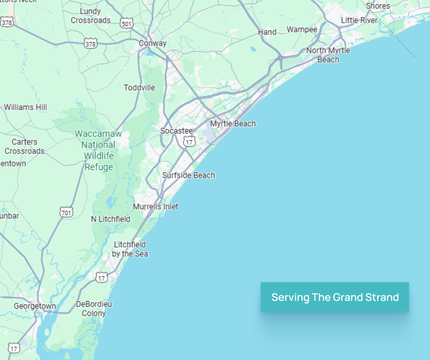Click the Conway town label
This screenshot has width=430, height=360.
coord(152,43)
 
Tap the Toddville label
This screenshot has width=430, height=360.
coord(139,88)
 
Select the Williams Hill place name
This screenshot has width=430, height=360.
coord(25,107)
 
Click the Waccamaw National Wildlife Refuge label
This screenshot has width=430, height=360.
coord(99,150)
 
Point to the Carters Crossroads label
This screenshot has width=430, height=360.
coord(24,147)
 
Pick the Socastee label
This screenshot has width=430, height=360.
coord(176,131)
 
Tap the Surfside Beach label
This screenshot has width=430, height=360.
coord(188,175)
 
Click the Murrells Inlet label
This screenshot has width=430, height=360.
coord(156,207)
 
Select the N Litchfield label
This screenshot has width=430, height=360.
coord(110,219)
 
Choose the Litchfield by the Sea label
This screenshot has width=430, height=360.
coord(130,249)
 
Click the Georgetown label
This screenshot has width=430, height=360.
coord(35,306)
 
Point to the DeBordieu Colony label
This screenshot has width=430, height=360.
coord(94,309)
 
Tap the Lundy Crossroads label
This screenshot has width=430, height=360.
coord(91,16)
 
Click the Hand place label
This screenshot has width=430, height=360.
coord(267,32)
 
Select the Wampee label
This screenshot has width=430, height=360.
coord(302,30)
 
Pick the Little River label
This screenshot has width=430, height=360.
coord(359,20)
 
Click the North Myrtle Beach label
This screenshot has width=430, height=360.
coord(328,55)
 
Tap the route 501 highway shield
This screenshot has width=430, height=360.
coord(127,23)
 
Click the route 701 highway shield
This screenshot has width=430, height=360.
coord(66,213)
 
